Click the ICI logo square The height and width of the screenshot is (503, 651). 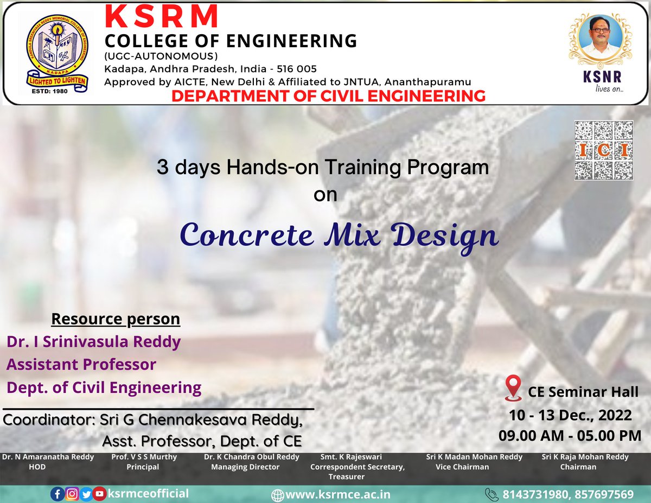point(603,150)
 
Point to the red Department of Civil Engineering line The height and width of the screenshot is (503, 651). point(328,96)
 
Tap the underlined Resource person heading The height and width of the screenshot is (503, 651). point(116,319)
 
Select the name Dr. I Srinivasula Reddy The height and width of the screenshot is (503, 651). point(93,342)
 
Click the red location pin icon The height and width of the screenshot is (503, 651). point(513,388)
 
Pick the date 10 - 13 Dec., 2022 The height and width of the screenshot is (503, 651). point(570,415)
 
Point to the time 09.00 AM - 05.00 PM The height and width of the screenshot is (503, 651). point(570,435)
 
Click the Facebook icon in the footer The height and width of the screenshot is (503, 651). point(58,494)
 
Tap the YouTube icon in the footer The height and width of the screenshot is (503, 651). point(99,494)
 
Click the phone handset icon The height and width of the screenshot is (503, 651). point(492,494)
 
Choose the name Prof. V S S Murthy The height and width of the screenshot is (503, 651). point(144,457)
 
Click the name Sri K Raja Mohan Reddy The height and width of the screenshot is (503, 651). point(578,457)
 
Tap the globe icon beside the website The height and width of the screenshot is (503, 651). point(277,495)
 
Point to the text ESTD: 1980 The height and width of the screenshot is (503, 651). point(54,91)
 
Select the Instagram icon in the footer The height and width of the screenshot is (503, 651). point(72,494)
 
